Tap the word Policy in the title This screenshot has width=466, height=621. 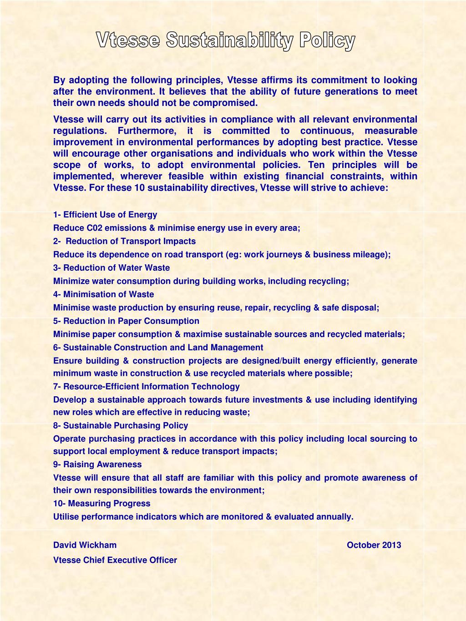pyautogui.click(x=327, y=41)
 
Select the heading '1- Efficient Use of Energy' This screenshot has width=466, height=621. pyautogui.click(x=105, y=215)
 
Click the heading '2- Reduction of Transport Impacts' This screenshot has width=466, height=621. pyautogui.click(x=124, y=241)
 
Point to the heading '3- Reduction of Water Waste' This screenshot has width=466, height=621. pyautogui.click(x=111, y=268)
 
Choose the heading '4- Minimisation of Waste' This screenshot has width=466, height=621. pyautogui.click(x=104, y=294)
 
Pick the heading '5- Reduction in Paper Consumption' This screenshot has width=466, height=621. pyautogui.click(x=126, y=321)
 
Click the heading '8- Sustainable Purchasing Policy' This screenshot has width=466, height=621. pyautogui.click(x=121, y=425)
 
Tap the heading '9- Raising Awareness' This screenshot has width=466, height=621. pyautogui.click(x=97, y=464)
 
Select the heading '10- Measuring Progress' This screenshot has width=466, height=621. pyautogui.click(x=101, y=503)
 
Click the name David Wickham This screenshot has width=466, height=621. pyautogui.click(x=85, y=545)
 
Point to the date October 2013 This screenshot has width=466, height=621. pyautogui.click(x=374, y=545)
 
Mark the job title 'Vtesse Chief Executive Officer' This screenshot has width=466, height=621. pyautogui.click(x=115, y=560)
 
